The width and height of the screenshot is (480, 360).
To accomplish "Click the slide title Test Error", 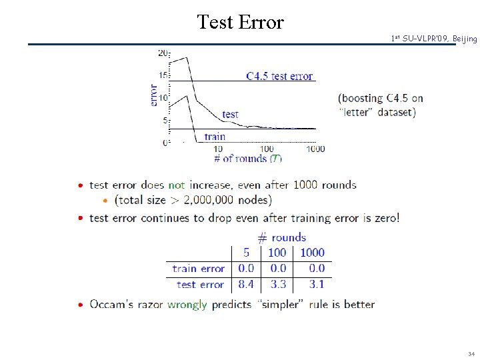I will [241, 22].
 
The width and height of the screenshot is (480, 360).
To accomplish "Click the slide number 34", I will [471, 353].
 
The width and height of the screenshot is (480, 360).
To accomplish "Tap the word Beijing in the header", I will [464, 39].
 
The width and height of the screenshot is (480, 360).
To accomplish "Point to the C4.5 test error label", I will [279, 76].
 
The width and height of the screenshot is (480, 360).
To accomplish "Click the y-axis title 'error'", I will [154, 95].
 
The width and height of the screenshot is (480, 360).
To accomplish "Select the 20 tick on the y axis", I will [163, 53].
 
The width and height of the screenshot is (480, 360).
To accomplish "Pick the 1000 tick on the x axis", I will [315, 149].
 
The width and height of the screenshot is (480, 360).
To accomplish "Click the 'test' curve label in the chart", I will [230, 115].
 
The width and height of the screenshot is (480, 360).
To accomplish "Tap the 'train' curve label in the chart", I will [215, 137].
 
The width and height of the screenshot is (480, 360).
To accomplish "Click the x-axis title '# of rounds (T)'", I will [248, 159].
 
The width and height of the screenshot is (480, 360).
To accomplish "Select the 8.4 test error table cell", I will [245, 285].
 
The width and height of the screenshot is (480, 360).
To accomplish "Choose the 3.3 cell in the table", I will [278, 285].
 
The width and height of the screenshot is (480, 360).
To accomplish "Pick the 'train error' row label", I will [198, 269].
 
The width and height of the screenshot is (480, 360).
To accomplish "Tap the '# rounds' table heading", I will [281, 237].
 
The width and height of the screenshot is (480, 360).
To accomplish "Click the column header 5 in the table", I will [246, 253].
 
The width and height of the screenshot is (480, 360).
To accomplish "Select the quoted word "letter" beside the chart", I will [357, 112].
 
